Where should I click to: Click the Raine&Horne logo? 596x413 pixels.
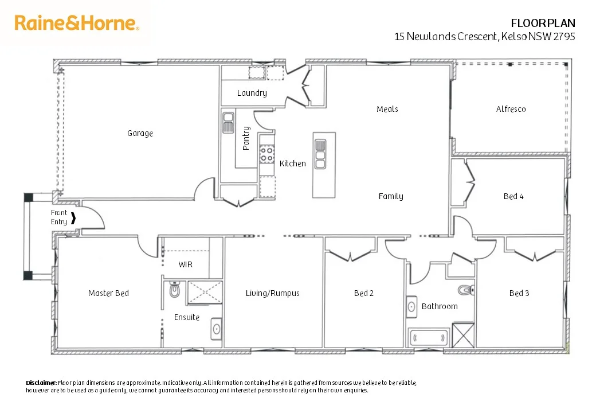pos(77,24)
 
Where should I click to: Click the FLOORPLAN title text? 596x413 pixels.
pos(543,23)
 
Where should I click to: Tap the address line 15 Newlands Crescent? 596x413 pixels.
pos(484,36)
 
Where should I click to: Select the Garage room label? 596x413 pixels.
pos(140,133)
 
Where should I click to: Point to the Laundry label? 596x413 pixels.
pos(252,93)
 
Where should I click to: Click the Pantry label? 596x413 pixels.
pos(246,138)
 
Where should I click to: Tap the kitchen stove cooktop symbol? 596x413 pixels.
pos(266,153)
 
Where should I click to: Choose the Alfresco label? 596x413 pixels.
pos(511,109)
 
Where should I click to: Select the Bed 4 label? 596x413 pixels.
pos(513,196)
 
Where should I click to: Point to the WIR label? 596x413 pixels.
pos(185,264)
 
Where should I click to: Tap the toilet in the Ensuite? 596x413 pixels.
pos(175,291)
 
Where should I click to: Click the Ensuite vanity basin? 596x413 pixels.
pos(216,329)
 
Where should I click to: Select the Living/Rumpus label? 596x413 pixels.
pos(273,293)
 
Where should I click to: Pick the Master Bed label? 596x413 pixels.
pos(108,293)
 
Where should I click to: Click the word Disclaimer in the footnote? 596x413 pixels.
pos(41,383)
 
